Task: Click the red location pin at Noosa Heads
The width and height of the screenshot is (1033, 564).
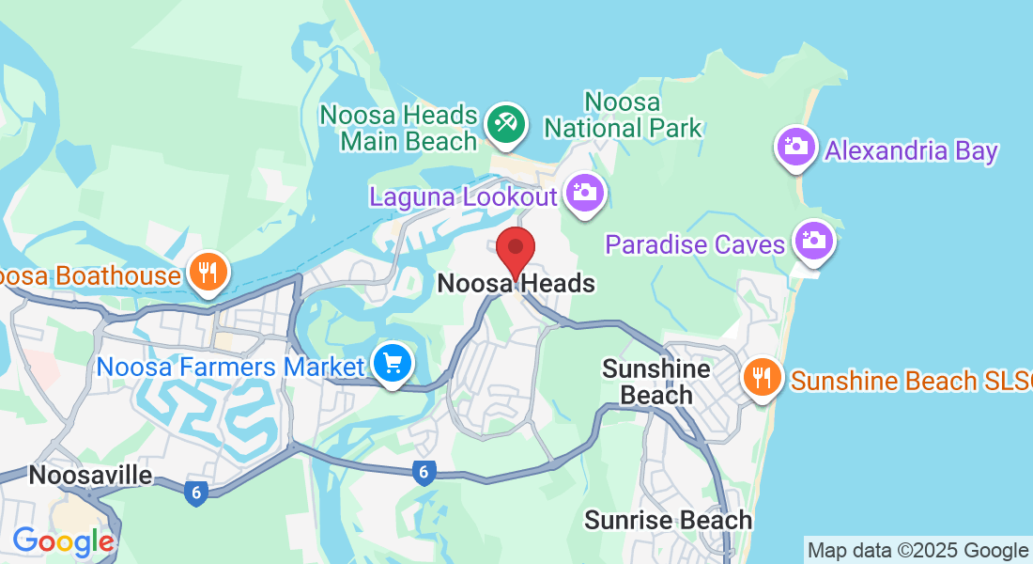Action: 515,251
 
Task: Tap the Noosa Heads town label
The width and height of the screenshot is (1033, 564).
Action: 516,283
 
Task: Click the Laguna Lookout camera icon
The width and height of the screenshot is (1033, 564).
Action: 584,194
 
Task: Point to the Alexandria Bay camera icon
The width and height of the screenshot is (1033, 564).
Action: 796,147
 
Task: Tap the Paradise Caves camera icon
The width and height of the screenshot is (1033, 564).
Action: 812,241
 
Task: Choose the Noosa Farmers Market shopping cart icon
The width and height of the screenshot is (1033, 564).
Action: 392,363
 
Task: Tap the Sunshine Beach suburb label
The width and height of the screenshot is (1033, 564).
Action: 655,381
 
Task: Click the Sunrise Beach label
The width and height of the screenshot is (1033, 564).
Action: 668,520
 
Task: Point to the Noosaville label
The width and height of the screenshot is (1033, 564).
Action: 90,475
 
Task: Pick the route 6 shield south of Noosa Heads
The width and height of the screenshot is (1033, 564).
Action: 424,473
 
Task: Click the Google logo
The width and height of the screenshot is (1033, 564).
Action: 63,541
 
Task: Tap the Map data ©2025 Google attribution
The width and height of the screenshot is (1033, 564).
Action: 917,551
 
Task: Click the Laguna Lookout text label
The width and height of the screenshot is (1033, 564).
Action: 464,197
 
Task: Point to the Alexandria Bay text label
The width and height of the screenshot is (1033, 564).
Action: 911,150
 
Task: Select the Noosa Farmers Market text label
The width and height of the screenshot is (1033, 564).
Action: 230,366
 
